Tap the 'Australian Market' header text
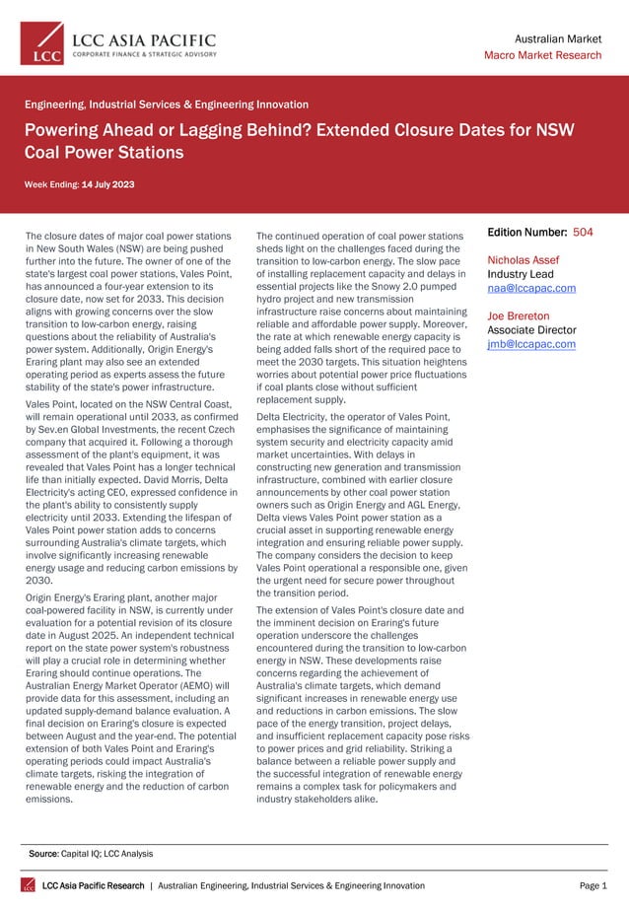pos(558,37)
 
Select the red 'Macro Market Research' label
pos(542,55)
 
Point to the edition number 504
pos(583,233)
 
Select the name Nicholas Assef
pos(524,260)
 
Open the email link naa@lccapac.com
pos(531,288)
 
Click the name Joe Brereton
pos(519,316)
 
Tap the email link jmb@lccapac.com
pos(531,344)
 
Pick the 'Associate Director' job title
pos(532,330)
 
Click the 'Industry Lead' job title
pos(522,274)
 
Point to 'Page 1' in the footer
pos(592,885)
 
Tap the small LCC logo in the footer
pos(29,885)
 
